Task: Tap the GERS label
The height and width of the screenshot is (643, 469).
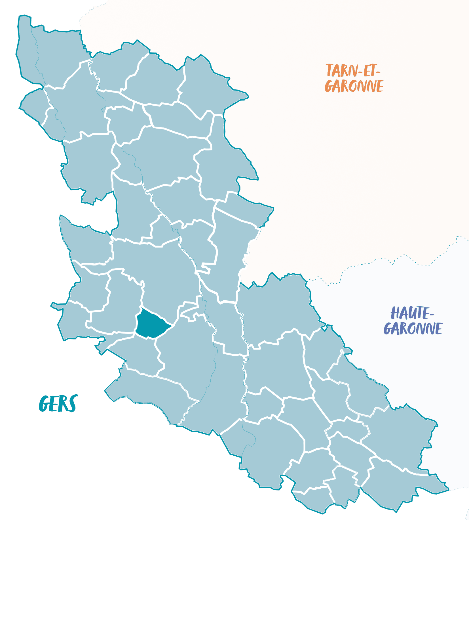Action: coord(58,403)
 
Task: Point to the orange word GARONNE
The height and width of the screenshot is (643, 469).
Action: coord(354,86)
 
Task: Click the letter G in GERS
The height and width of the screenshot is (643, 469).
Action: coord(44,404)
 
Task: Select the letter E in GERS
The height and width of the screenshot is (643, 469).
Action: coord(54,404)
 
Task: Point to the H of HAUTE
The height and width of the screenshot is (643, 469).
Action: coord(395,313)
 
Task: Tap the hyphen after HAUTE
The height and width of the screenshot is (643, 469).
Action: coord(432,314)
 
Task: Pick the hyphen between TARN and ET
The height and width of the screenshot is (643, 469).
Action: coord(360,72)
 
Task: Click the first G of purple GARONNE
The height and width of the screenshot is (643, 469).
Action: coord(388,329)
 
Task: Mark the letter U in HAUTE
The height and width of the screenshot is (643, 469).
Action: coord(412,313)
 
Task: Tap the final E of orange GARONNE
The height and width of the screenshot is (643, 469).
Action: coord(380,86)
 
